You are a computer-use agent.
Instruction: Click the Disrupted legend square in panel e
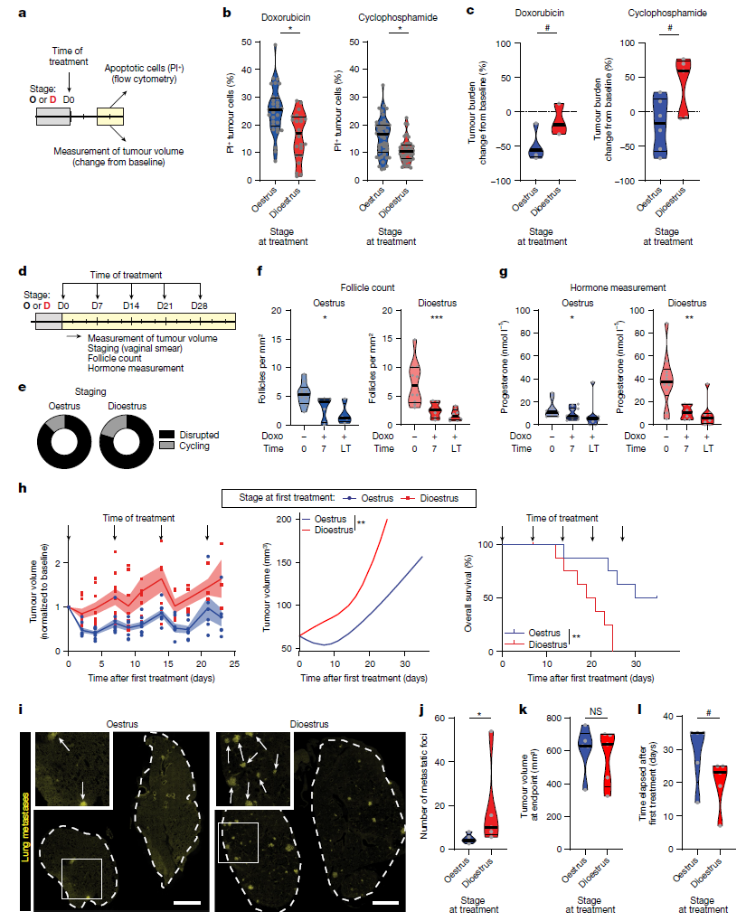[x=166, y=434]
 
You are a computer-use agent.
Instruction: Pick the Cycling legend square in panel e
[x=166, y=446]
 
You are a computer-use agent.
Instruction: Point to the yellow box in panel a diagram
[x=111, y=116]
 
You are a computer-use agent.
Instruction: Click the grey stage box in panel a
[x=52, y=116]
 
